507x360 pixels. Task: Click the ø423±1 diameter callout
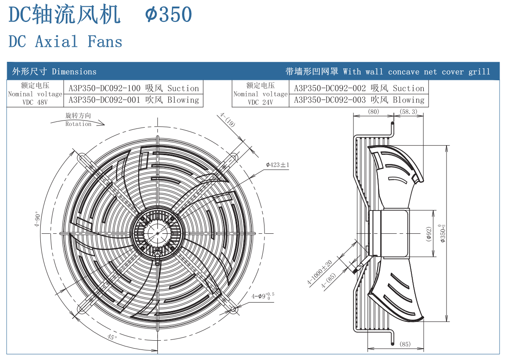[278, 165]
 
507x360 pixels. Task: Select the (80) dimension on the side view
[373, 112]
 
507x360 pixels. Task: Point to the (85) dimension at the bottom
[405, 344]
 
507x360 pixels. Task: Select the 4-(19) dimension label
[228, 119]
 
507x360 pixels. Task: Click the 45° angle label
[112, 337]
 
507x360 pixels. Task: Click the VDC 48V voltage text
[35, 102]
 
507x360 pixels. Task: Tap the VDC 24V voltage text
[261, 102]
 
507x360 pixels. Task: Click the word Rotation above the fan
[79, 124]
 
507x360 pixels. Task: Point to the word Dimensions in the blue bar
[74, 71]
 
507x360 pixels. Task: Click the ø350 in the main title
[169, 15]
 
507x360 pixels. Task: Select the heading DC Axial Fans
[65, 42]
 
